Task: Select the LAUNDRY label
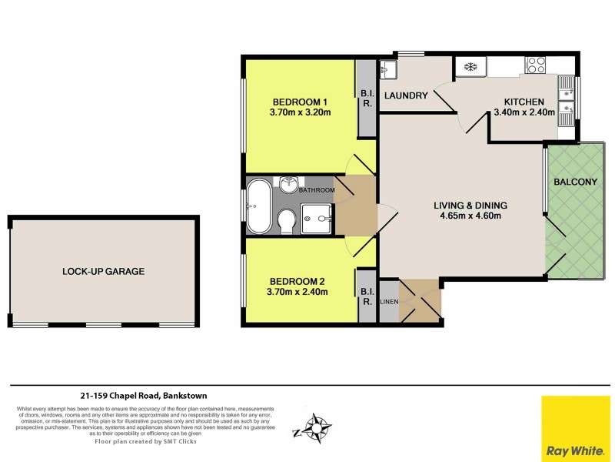[x=406, y=95]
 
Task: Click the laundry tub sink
[x=387, y=70]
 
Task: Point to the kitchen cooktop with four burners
[x=534, y=64]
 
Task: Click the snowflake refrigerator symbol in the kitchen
[x=470, y=67]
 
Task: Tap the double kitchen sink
[x=566, y=99]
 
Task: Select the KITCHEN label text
[x=524, y=102]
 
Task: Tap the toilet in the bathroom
[x=286, y=220]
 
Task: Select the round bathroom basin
[x=290, y=185]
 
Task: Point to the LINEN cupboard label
[x=389, y=301]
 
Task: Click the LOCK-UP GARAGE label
[x=104, y=271]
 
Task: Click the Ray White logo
[x=576, y=428]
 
